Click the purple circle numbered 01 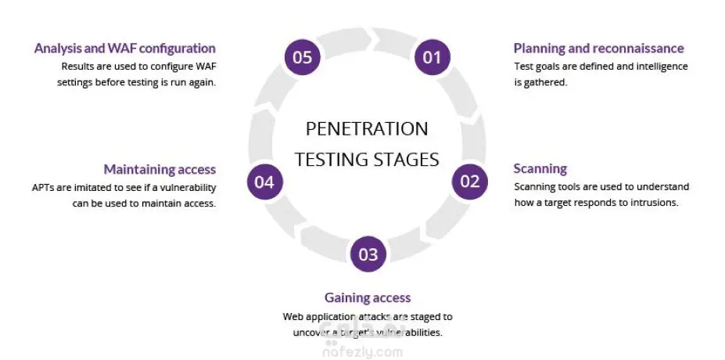pyautogui.click(x=432, y=56)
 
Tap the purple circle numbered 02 pyautogui.click(x=470, y=182)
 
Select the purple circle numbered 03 pyautogui.click(x=368, y=254)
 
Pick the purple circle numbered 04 pyautogui.click(x=264, y=182)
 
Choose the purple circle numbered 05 pyautogui.click(x=302, y=56)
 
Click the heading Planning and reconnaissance pyautogui.click(x=598, y=49)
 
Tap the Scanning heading pyautogui.click(x=540, y=168)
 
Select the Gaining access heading pyautogui.click(x=368, y=297)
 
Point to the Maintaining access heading pyautogui.click(x=160, y=169)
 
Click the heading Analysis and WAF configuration pyautogui.click(x=125, y=49)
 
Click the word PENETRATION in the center pyautogui.click(x=367, y=129)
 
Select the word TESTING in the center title pyautogui.click(x=331, y=159)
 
